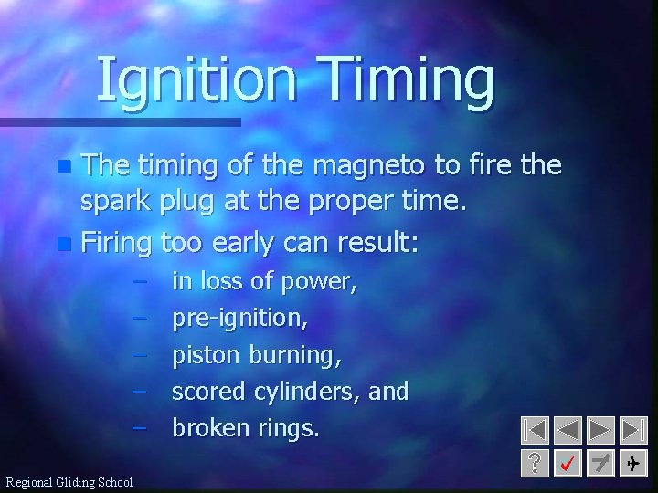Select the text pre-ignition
(x=239, y=319)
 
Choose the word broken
(x=210, y=428)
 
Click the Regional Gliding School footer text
(x=69, y=482)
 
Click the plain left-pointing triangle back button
(x=568, y=431)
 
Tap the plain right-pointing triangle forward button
(x=600, y=431)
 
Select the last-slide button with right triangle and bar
(x=632, y=431)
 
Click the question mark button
(x=536, y=464)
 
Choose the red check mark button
(x=568, y=464)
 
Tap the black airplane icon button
(x=632, y=464)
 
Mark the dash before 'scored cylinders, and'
(x=139, y=392)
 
